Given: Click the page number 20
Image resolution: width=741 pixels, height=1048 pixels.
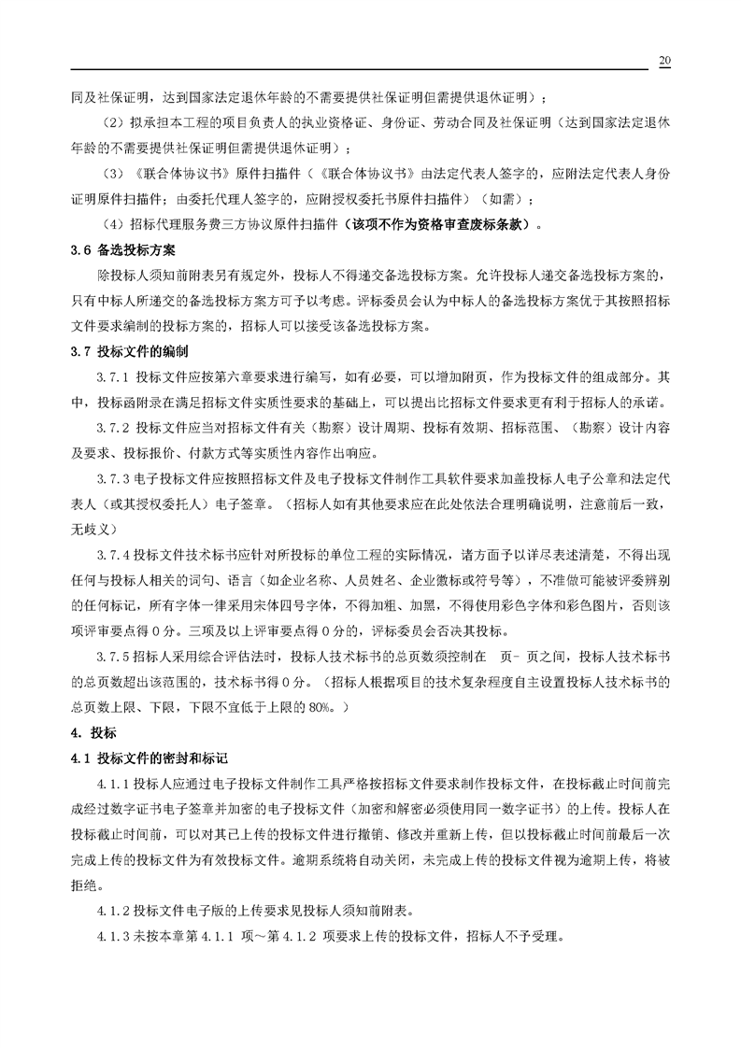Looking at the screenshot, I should pyautogui.click(x=664, y=61).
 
